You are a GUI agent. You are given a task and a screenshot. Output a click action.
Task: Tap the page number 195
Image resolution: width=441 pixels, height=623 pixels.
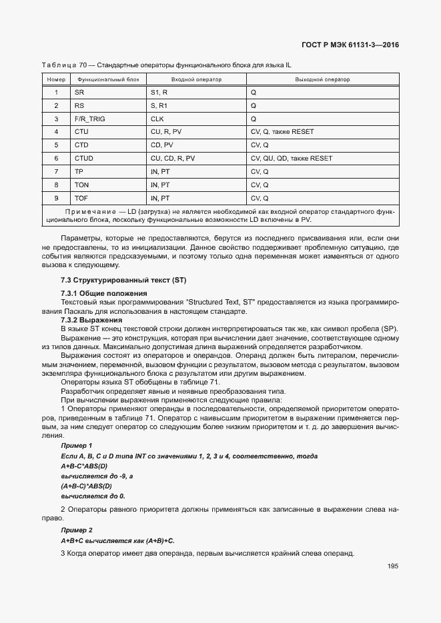392,566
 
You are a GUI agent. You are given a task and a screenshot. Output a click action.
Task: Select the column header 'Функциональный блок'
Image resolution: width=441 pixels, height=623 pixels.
108,79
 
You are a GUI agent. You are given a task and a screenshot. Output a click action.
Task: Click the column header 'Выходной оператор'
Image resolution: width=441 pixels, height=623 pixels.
322,79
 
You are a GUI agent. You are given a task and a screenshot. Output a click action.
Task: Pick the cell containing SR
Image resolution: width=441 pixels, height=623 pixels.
79,92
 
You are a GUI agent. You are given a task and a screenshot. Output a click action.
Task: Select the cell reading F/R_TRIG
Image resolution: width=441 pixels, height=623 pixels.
89,119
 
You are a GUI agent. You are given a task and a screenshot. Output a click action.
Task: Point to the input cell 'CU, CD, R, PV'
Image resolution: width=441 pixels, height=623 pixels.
173,159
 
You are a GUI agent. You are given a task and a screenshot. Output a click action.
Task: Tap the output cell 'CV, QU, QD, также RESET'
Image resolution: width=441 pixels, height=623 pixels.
291,159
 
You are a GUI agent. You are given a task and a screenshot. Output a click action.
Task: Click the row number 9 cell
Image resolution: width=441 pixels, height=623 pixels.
56,199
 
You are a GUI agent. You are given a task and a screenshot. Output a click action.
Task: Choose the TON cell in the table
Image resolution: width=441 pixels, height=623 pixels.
81,185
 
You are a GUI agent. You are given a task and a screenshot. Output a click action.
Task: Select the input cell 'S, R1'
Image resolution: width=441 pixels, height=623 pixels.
159,105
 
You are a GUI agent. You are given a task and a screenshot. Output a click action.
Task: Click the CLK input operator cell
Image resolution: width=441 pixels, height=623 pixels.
157,119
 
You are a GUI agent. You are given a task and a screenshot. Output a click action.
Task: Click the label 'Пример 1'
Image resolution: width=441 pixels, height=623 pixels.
76,445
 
